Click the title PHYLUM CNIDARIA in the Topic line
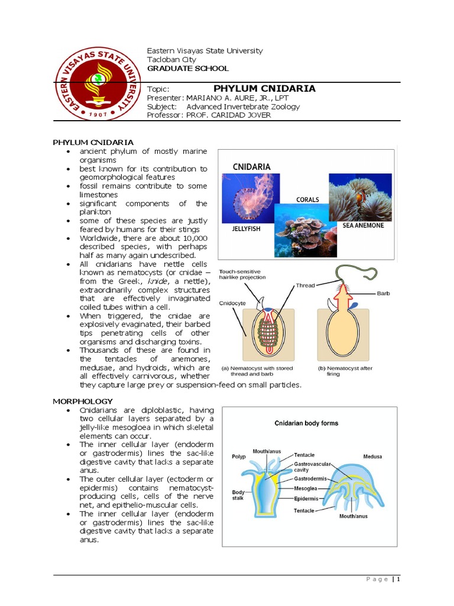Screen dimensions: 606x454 [264, 89]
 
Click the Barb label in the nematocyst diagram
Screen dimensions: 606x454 [383, 293]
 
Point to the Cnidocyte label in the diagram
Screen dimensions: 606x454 [232, 302]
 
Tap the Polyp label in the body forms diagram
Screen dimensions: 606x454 [239, 457]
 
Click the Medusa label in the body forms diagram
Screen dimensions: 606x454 [372, 456]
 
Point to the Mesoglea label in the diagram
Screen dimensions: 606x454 [307, 489]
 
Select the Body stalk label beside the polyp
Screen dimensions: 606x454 [238, 495]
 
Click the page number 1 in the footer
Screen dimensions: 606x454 [398, 579]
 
